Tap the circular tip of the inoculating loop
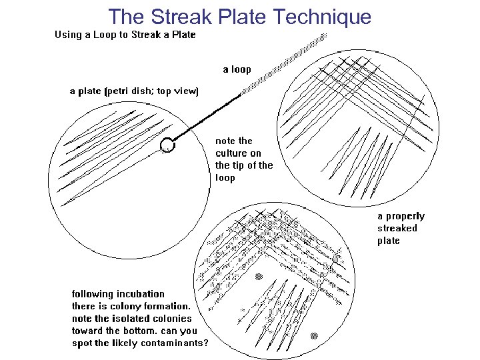(167, 144)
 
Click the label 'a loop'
(237, 69)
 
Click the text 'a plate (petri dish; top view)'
(134, 91)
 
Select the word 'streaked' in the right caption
(397, 228)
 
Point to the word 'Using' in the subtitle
(68, 35)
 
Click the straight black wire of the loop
(207, 117)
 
